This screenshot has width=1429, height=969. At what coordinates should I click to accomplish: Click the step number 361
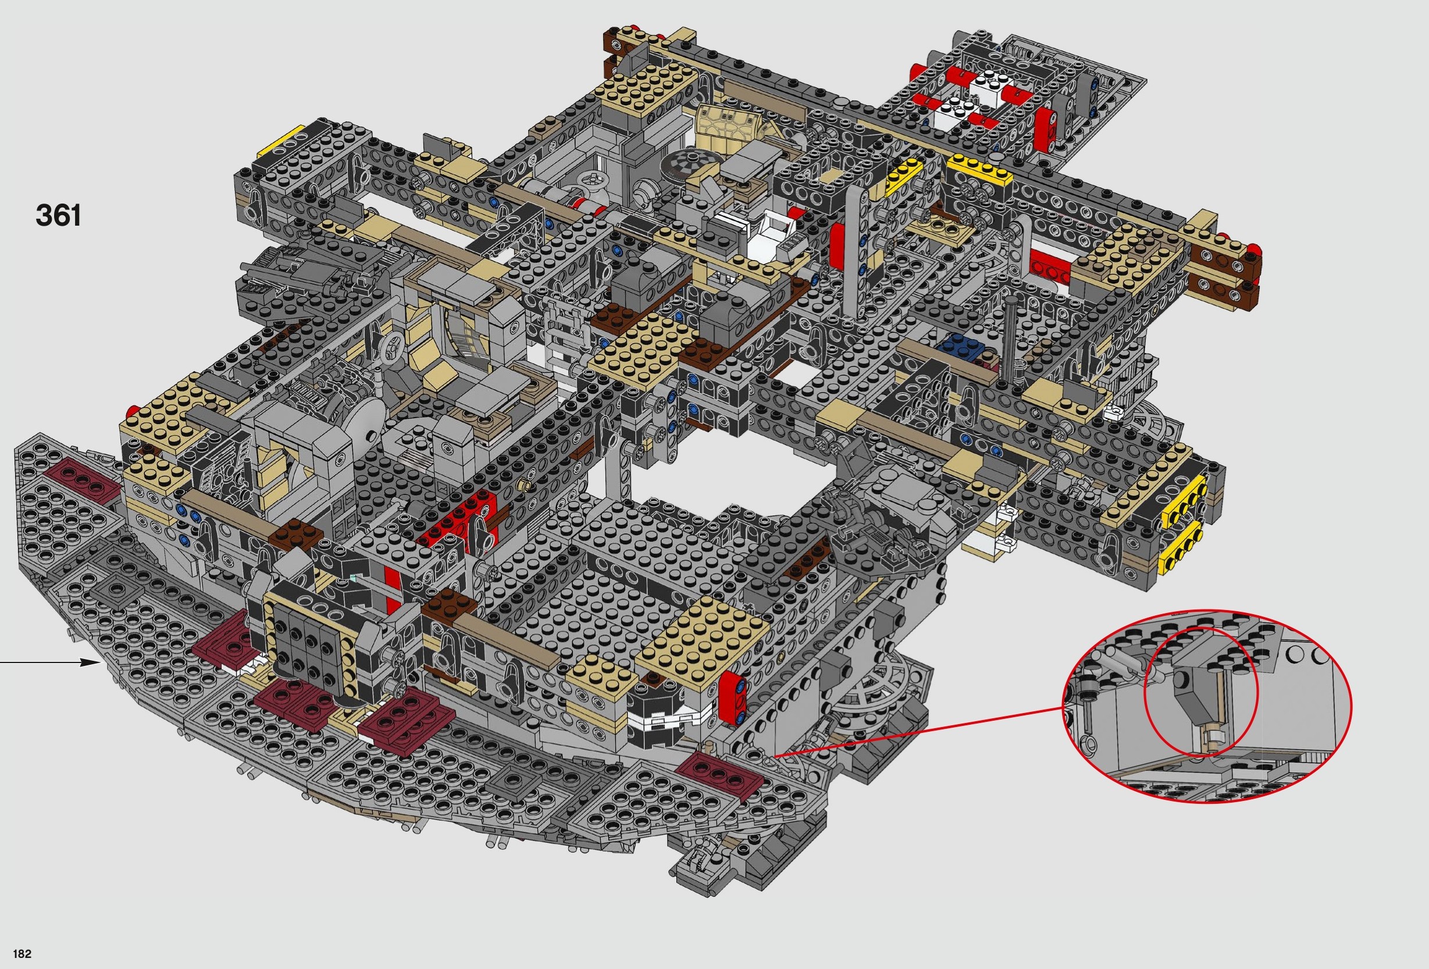[x=58, y=215]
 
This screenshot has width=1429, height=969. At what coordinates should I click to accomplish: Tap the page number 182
[x=22, y=954]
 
